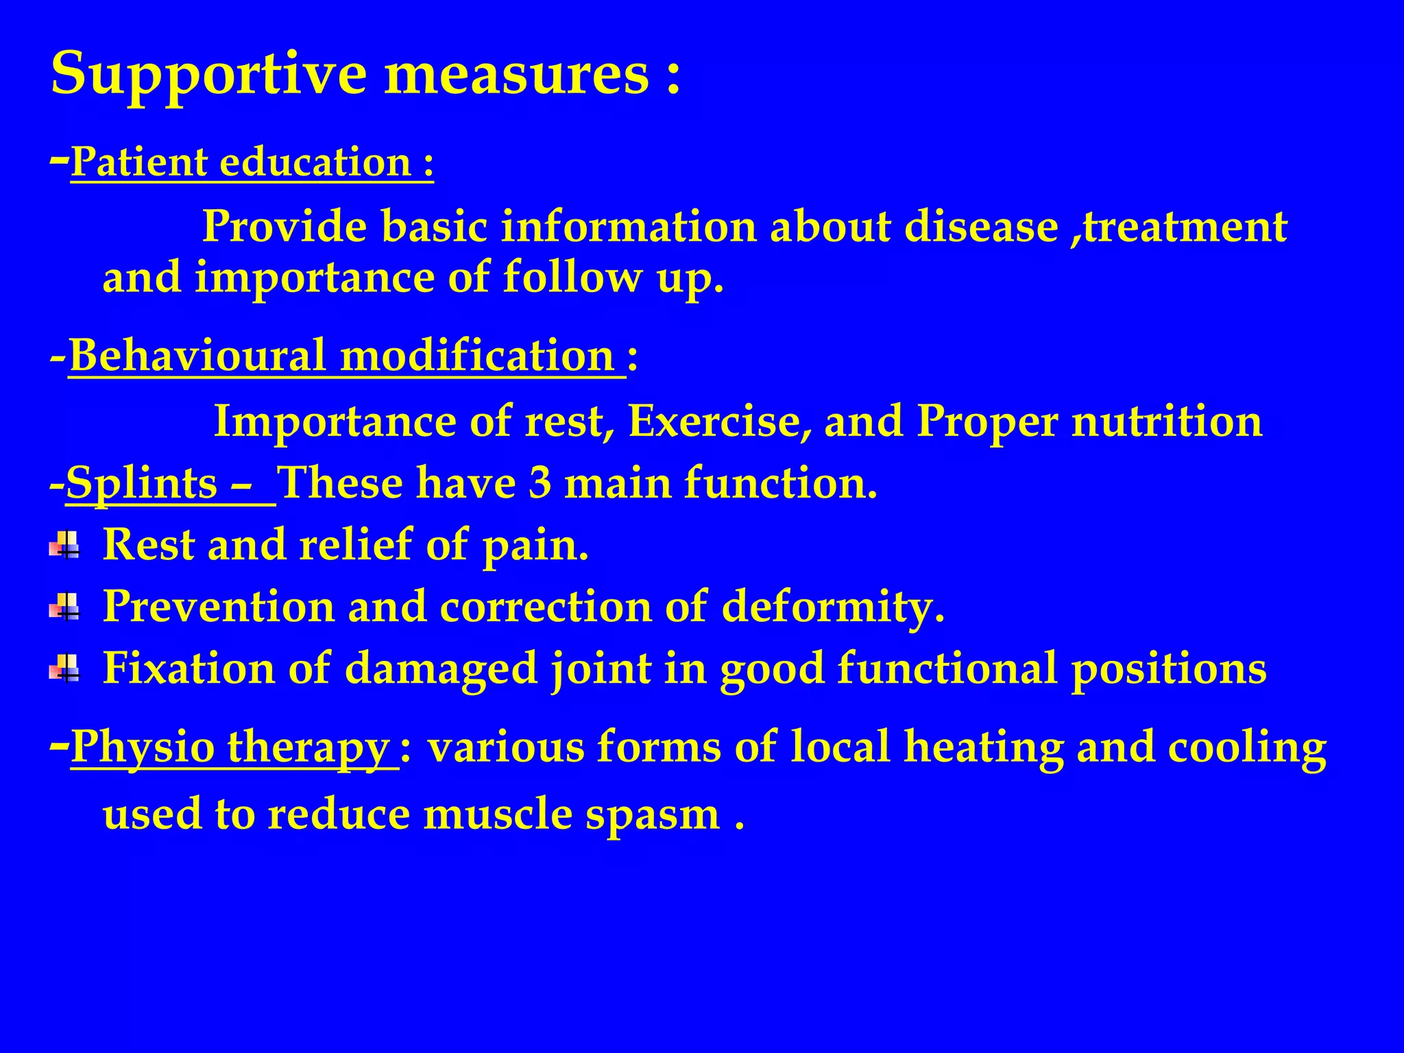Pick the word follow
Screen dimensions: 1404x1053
coord(573,277)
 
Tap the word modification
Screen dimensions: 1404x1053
coord(477,356)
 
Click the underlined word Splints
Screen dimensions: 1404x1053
coord(141,484)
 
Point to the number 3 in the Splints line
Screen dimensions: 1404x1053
coord(540,483)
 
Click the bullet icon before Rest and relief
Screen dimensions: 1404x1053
coord(64,546)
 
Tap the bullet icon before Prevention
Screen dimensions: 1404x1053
coord(64,607)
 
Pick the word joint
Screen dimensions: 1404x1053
coord(601,668)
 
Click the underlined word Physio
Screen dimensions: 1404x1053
coord(143,748)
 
